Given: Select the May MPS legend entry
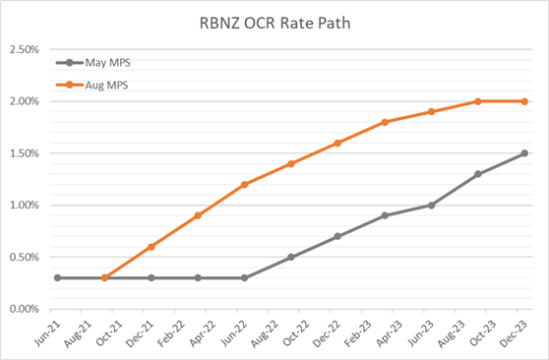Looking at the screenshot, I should pyautogui.click(x=107, y=64).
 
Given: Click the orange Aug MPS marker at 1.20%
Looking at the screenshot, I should pyautogui.click(x=244, y=184).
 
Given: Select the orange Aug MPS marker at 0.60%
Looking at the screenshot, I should pyautogui.click(x=151, y=247).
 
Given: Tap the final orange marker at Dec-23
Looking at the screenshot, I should pyautogui.click(x=523, y=101).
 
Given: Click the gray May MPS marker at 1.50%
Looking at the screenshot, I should pyautogui.click(x=523, y=153).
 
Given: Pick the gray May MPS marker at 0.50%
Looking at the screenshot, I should pyautogui.click(x=290, y=257).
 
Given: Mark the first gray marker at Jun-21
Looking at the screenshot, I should pyautogui.click(x=58, y=277).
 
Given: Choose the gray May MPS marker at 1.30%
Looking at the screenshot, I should pyautogui.click(x=477, y=174).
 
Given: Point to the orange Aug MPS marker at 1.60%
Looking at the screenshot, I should pyautogui.click(x=337, y=143).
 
